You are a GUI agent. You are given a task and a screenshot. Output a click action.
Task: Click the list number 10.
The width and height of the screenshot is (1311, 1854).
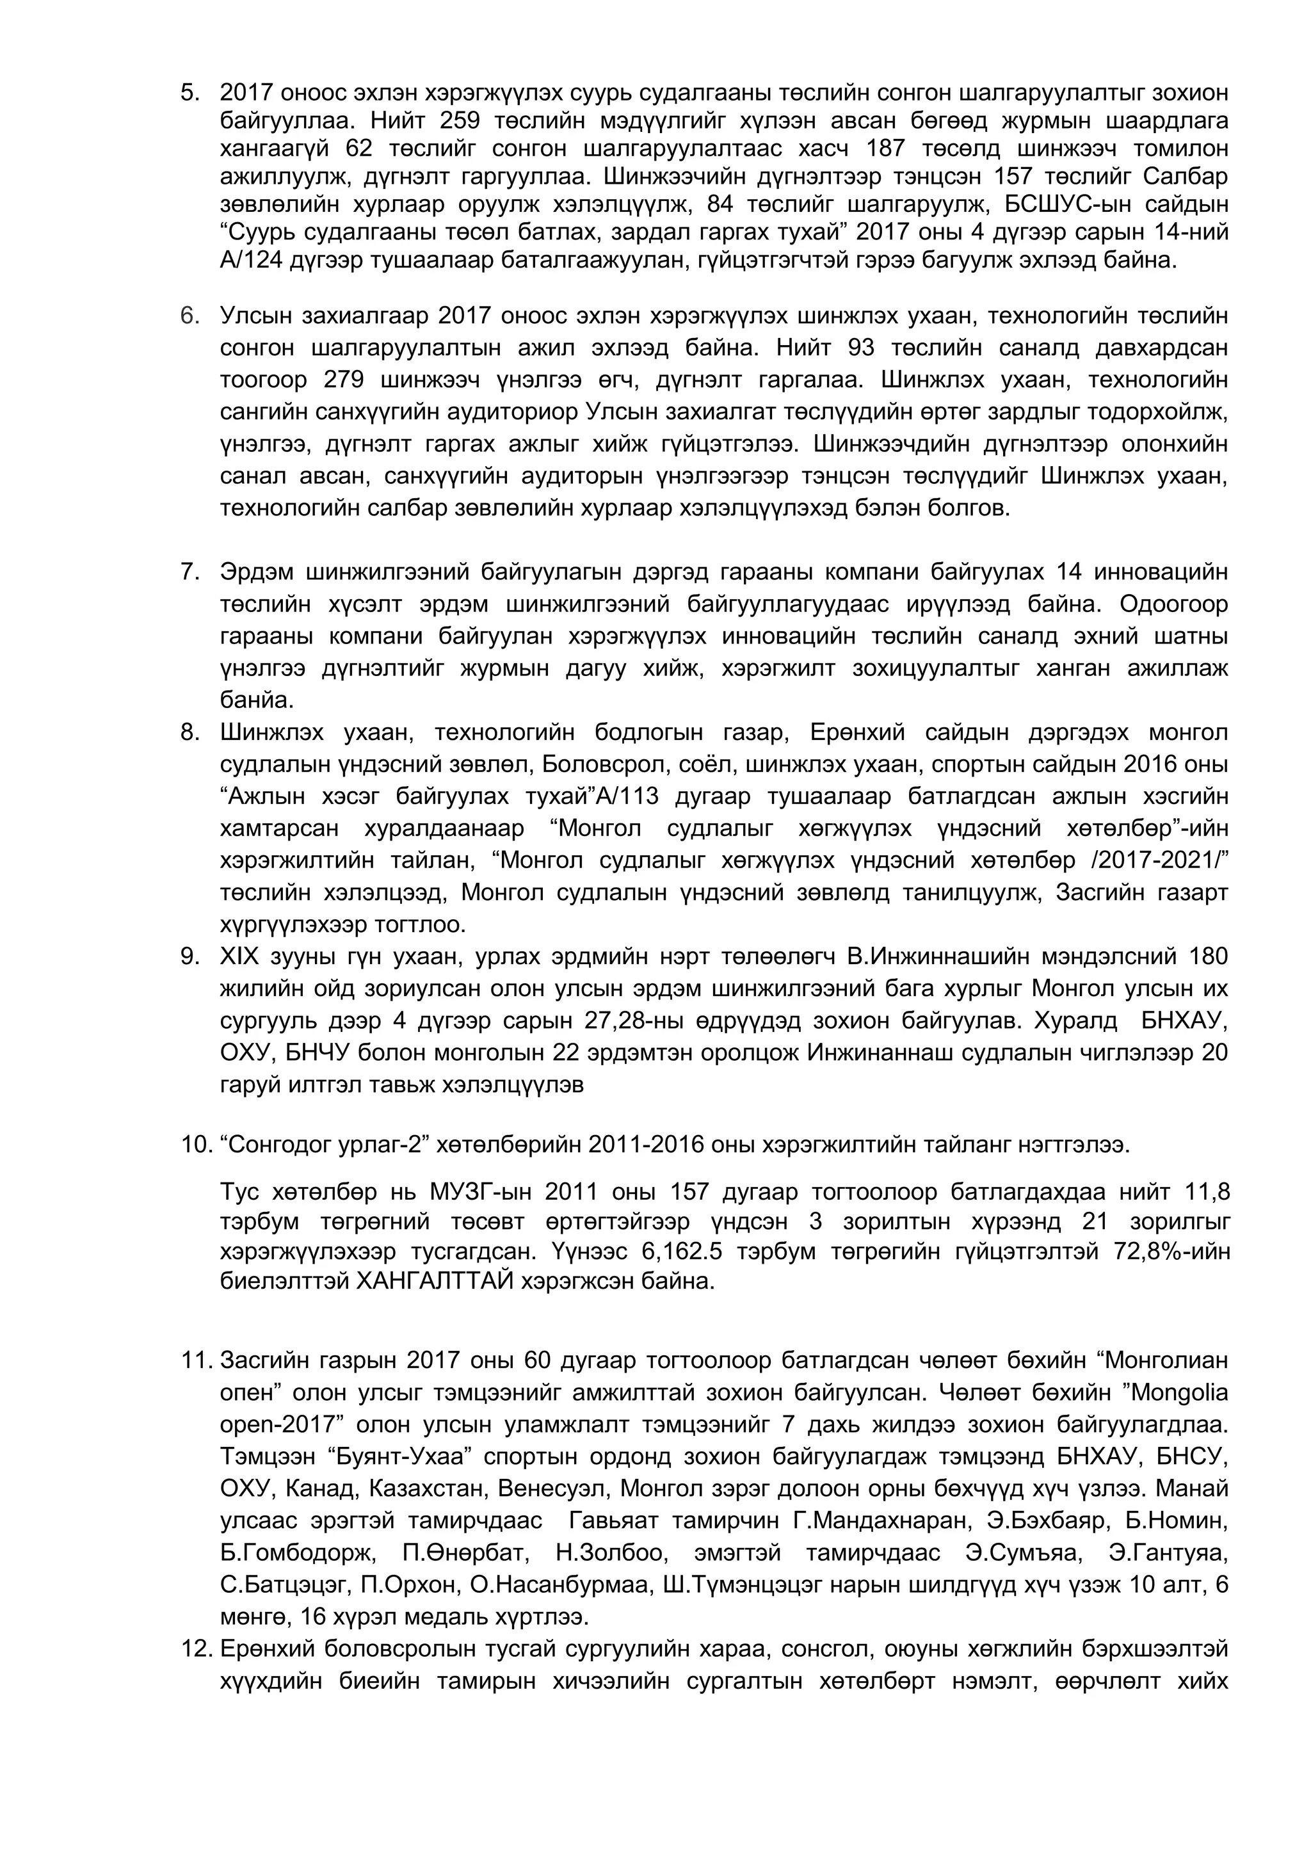click(194, 1145)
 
